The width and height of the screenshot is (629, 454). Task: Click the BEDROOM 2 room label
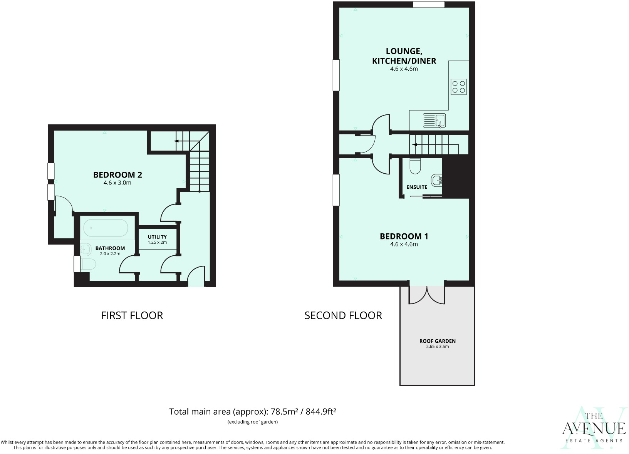[x=117, y=175]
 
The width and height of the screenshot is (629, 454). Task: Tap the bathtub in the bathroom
[x=106, y=228]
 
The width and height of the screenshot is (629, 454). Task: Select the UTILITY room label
[x=157, y=237]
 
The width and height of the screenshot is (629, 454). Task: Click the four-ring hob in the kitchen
[x=458, y=87]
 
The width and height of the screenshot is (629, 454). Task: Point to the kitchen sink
[x=434, y=120]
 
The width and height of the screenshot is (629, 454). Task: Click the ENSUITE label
[x=417, y=187]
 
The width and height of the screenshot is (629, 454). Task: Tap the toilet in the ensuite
[x=415, y=166]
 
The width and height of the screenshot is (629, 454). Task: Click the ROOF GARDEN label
[x=437, y=341]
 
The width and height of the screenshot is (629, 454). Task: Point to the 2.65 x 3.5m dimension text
[x=437, y=347]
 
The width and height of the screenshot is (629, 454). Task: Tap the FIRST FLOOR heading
[x=132, y=315]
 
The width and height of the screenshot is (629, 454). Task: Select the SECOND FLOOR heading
[x=343, y=315]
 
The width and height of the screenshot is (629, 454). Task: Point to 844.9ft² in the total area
[x=321, y=412]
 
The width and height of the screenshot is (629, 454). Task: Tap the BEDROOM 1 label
[x=404, y=236]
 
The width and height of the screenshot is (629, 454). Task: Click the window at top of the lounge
[x=429, y=5]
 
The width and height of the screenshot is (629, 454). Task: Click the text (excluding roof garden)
[x=252, y=422]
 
